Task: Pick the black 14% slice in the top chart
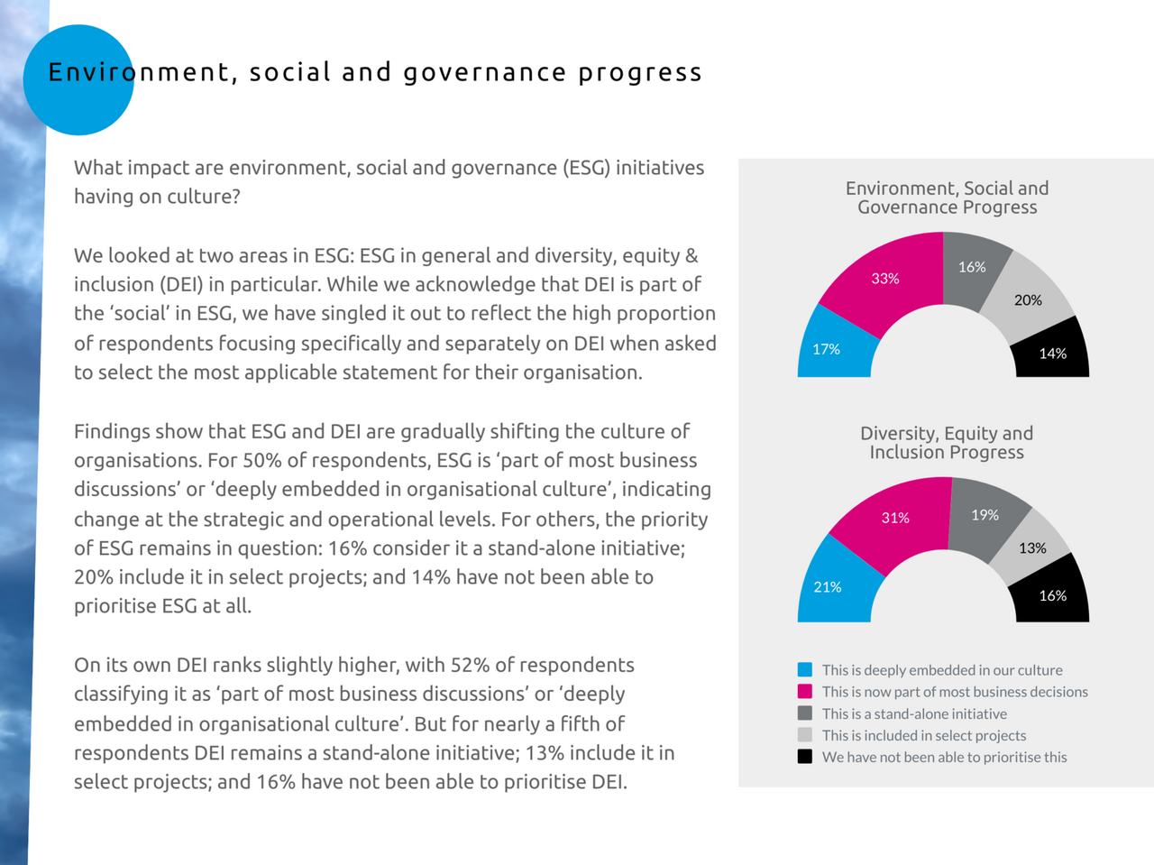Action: [1052, 353]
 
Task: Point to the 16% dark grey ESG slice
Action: [973, 268]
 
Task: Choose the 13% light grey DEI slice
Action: [1032, 548]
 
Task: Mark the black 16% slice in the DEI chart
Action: [1052, 594]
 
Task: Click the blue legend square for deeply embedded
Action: [805, 669]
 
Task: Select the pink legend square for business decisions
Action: [805, 691]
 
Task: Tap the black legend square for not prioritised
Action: [805, 757]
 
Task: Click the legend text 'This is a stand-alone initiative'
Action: [914, 713]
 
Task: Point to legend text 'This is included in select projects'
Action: [924, 735]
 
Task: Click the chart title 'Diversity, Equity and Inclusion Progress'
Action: [947, 443]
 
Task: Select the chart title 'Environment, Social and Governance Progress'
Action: [947, 198]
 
